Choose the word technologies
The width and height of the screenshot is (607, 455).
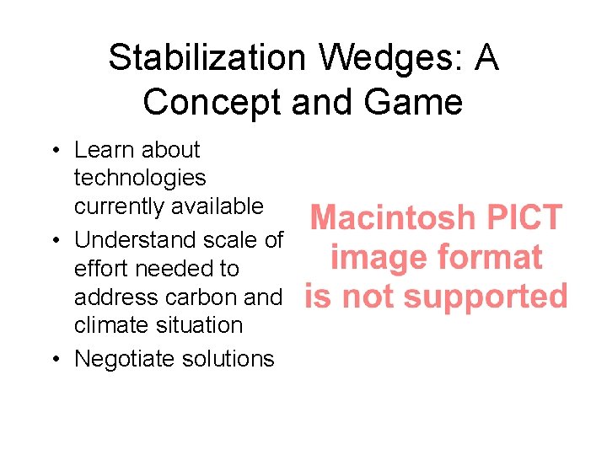point(140,178)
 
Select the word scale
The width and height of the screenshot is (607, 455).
point(227,240)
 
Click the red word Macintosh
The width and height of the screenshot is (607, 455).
point(393,219)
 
